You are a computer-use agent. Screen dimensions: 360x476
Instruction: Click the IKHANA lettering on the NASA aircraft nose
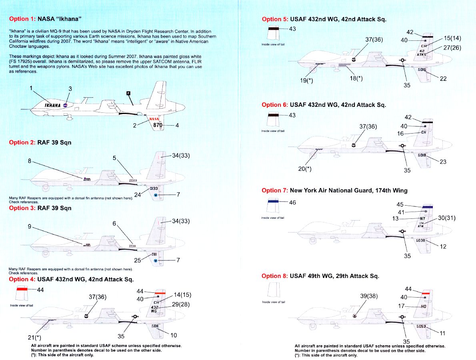point(52,105)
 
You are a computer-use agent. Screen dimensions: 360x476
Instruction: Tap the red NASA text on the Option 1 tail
point(154,119)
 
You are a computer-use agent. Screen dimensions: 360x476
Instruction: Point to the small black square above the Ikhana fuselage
point(128,93)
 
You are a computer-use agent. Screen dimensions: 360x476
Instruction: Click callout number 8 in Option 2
point(30,161)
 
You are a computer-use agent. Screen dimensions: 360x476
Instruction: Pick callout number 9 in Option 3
point(30,227)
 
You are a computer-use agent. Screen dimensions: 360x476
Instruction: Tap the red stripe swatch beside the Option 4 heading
point(22,289)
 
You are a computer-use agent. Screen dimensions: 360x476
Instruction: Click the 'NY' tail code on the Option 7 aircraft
point(423,218)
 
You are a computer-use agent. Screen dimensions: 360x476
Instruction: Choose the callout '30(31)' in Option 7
point(447,218)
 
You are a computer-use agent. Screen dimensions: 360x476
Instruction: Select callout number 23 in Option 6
point(443,162)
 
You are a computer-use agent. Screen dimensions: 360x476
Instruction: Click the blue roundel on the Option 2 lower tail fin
point(156,195)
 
